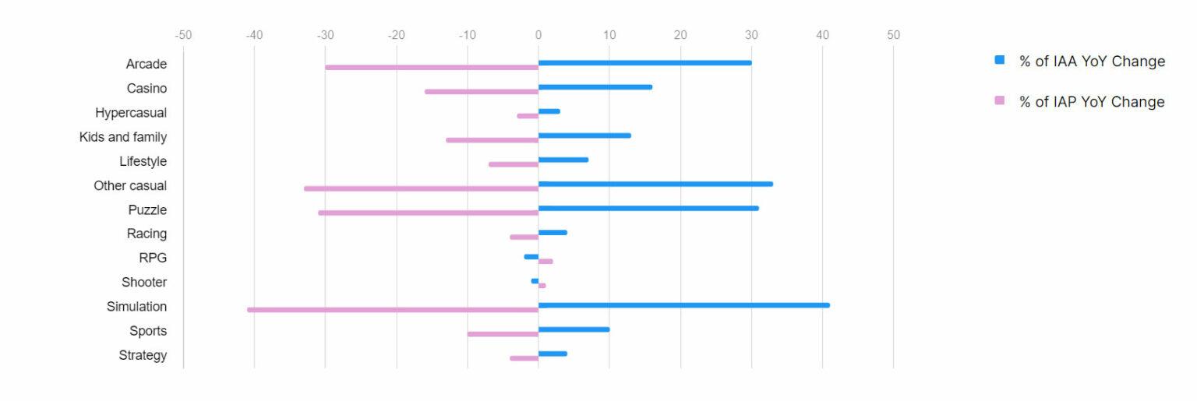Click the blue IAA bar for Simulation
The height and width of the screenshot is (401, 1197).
pos(683,305)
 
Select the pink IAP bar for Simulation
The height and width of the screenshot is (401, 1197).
pos(393,310)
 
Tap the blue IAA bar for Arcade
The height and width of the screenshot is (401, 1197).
pos(644,62)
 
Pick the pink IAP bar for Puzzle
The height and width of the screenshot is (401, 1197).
pos(428,213)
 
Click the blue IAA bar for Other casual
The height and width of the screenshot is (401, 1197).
pos(655,184)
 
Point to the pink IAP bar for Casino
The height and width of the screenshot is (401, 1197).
pos(482,91)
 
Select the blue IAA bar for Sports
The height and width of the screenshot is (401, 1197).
pos(574,329)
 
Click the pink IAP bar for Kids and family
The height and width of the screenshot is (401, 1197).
pos(492,140)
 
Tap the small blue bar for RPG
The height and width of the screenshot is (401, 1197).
pos(531,257)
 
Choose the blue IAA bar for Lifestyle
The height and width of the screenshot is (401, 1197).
pos(563,160)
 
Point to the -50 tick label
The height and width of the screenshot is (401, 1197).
pos(183,35)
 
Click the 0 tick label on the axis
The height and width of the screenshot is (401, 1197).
pos(538,35)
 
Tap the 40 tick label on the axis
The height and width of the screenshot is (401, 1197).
pos(822,35)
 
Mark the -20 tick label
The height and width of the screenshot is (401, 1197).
pos(396,35)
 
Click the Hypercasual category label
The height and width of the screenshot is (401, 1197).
pos(131,113)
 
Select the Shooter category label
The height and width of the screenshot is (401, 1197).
pos(144,282)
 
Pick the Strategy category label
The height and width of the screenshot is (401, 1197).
pos(143,355)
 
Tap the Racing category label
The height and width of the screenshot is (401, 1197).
pos(147,234)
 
